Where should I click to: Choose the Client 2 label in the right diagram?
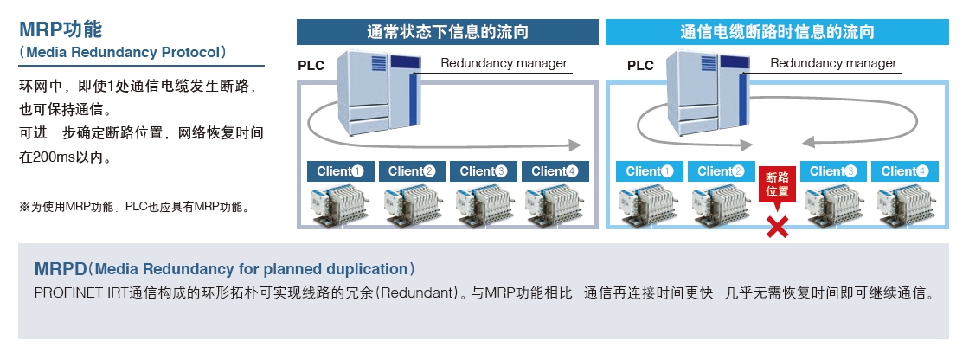tap(720, 170)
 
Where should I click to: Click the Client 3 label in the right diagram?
tap(833, 170)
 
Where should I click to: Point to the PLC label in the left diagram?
tap(311, 66)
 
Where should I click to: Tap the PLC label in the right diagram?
tap(640, 66)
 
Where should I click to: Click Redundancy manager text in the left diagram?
tap(504, 63)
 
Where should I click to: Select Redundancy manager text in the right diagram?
tap(833, 63)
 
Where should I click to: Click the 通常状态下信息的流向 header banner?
tap(447, 33)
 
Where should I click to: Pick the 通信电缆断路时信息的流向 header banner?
tap(776, 33)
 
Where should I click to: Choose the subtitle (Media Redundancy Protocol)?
tap(123, 52)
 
